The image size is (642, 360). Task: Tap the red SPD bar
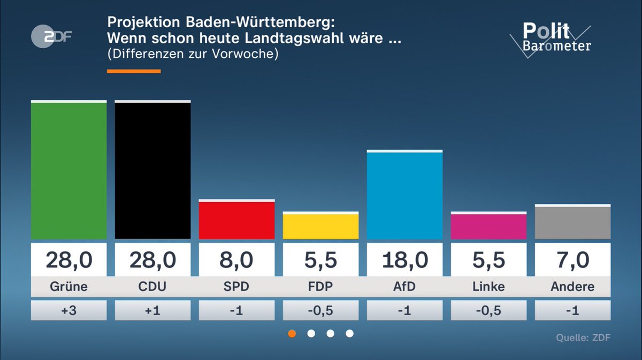[x=236, y=220]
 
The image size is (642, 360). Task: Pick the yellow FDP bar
[x=320, y=226]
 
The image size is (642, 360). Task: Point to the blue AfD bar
[x=404, y=195]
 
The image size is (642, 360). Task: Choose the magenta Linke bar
[x=488, y=226]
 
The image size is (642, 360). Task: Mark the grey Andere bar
[x=572, y=222]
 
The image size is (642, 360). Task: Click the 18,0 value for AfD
[x=404, y=260]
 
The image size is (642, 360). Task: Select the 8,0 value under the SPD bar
[x=236, y=260]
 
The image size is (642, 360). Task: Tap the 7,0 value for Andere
[x=572, y=260]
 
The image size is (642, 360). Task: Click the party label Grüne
[x=68, y=287]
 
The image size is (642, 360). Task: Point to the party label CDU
[x=152, y=287]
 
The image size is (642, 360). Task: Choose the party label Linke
[x=488, y=287]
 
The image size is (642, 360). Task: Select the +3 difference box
[x=68, y=310]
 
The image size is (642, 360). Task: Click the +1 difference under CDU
[x=152, y=310]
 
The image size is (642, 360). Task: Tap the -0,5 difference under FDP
[x=320, y=310]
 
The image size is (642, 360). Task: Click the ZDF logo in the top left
[x=51, y=36]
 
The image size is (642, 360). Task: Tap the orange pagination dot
[x=292, y=333]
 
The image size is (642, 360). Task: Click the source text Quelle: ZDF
[x=583, y=338]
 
